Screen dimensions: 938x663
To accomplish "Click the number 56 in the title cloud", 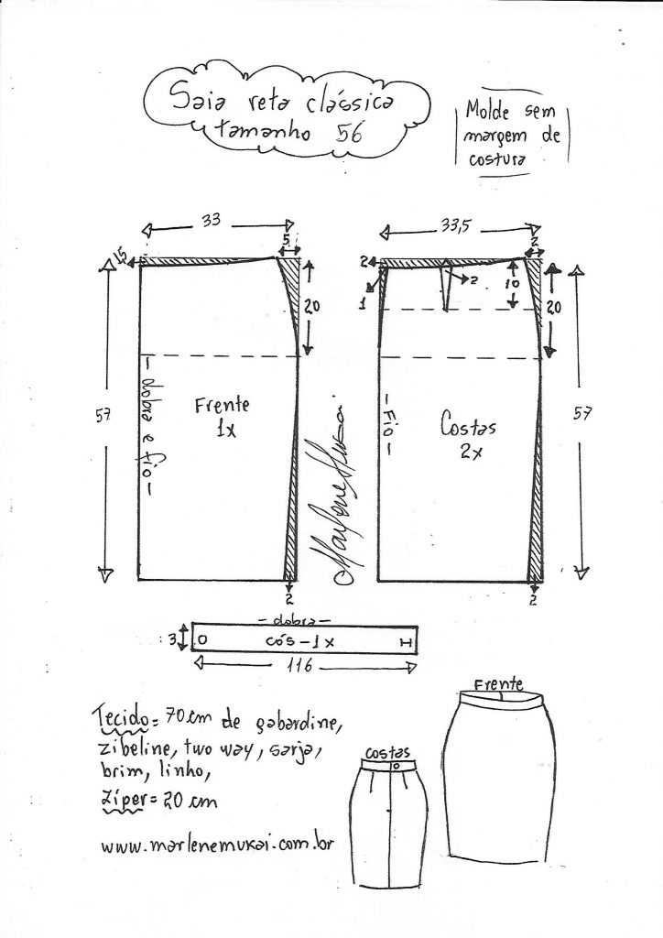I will point(347,131).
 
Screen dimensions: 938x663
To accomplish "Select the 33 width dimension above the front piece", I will point(212,221).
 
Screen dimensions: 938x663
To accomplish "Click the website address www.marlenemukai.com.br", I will point(217,845).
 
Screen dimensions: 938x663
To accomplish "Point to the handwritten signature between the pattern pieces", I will point(331,495).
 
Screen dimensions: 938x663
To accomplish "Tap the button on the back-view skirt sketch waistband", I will point(396,765).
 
